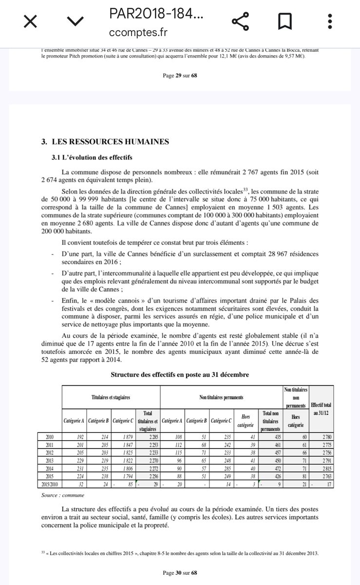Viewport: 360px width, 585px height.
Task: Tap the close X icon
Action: pyautogui.click(x=30, y=22)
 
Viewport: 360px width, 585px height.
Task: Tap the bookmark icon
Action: pyautogui.click(x=284, y=22)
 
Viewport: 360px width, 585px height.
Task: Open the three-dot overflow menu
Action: pyautogui.click(x=331, y=22)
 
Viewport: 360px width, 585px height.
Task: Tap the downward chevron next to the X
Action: pyautogui.click(x=74, y=22)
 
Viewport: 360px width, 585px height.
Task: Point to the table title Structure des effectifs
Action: pyautogui.click(x=180, y=374)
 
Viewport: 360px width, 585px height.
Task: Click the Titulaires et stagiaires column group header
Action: pyautogui.click(x=111, y=398)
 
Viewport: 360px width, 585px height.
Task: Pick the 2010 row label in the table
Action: pyautogui.click(x=50, y=437)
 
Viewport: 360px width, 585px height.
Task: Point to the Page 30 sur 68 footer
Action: pyautogui.click(x=180, y=572)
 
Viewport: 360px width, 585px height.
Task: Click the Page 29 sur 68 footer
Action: pyautogui.click(x=180, y=76)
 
